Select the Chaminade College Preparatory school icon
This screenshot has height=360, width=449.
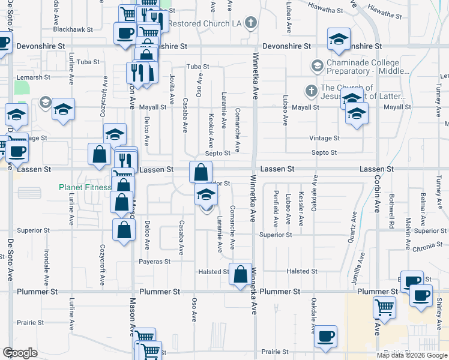coord(317,64)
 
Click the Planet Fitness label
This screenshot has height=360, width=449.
coord(85,187)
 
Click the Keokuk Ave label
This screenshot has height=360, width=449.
coord(211,131)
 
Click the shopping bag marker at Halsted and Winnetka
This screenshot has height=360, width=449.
coord(240,275)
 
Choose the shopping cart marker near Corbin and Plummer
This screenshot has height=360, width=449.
coord(384,308)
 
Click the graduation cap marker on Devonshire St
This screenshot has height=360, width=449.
coord(339,40)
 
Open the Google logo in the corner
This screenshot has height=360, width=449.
coord(20,352)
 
